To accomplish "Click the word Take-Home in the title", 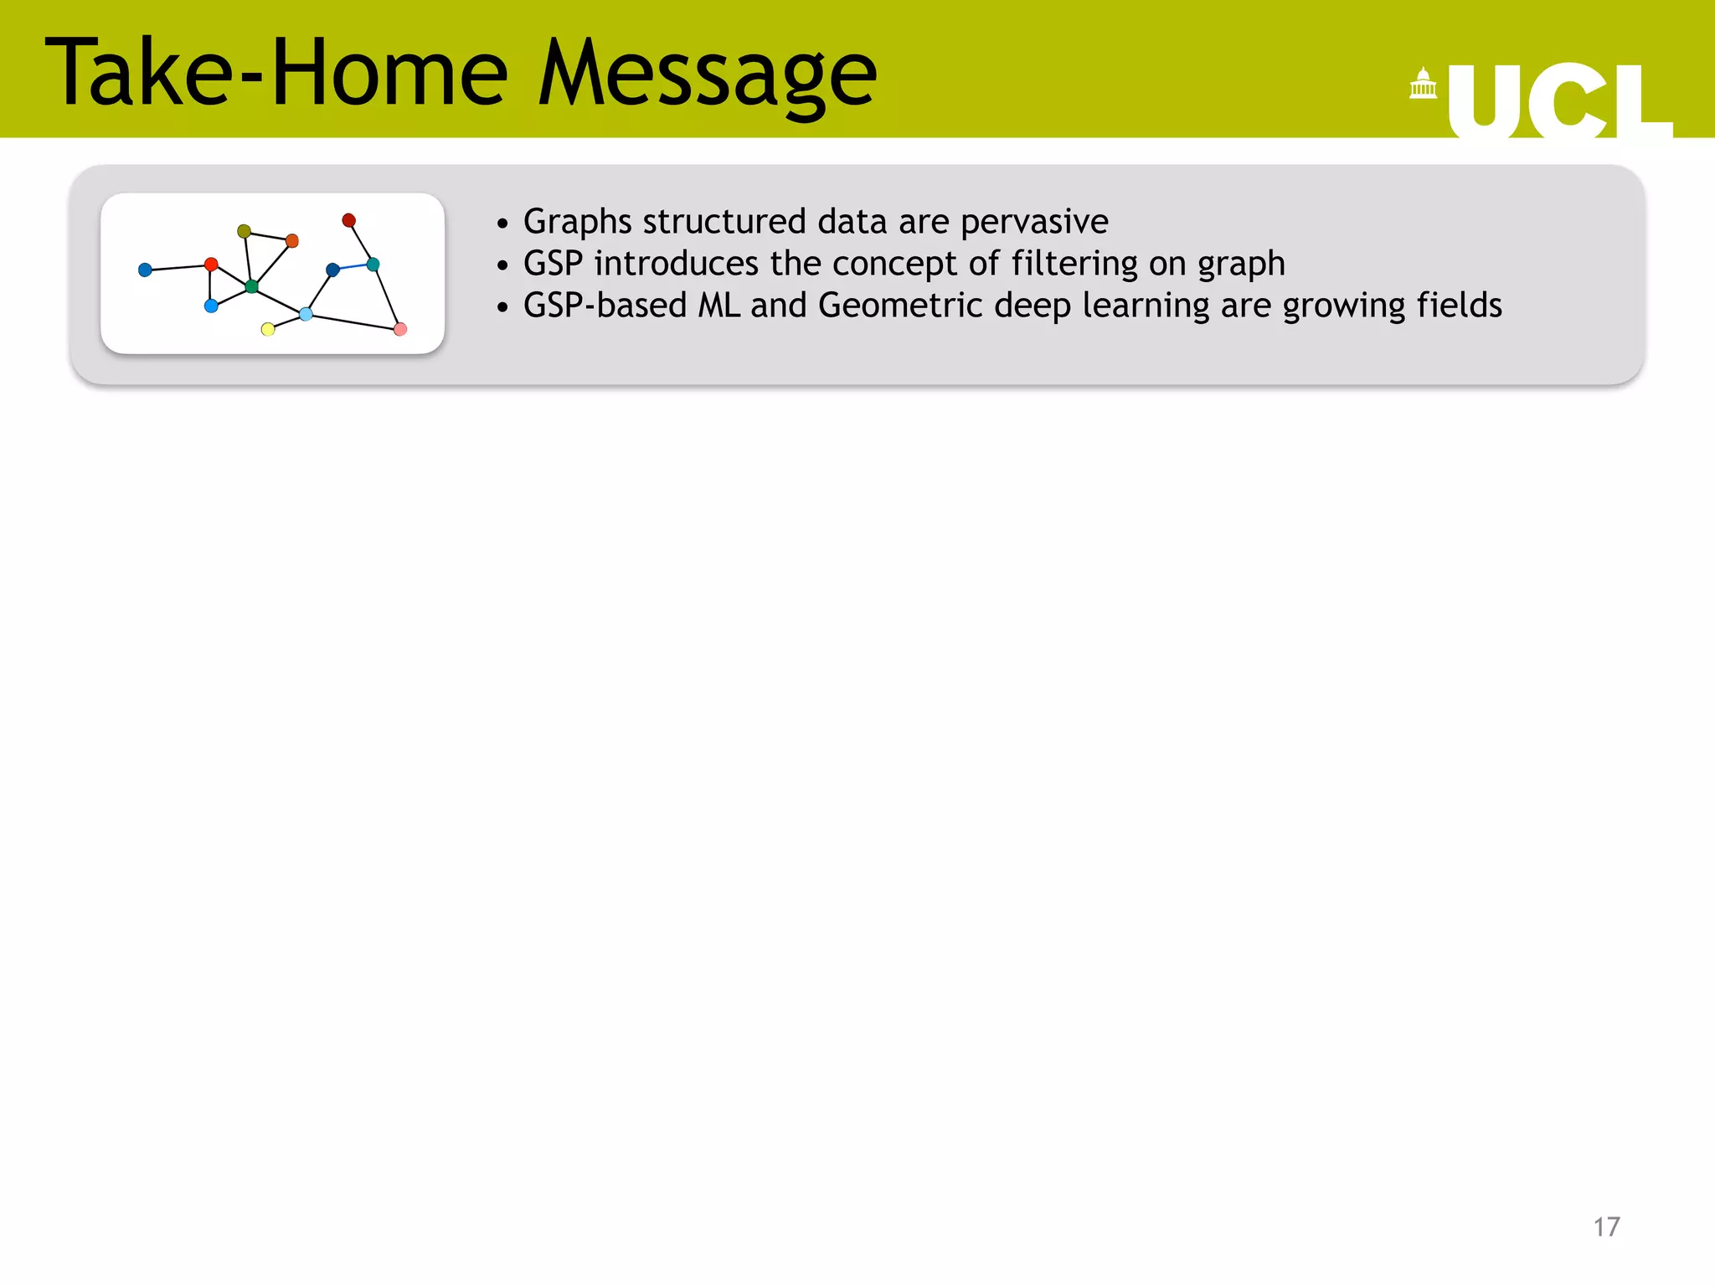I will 276,74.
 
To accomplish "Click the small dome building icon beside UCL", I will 1423,84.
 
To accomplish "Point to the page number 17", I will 1605,1227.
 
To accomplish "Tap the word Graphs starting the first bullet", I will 577,222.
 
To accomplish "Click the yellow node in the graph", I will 268,329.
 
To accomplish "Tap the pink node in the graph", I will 400,329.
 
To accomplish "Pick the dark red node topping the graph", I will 349,220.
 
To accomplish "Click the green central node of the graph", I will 251,286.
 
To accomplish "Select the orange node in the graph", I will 292,241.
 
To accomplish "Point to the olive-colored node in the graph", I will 244,231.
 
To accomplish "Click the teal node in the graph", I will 373,265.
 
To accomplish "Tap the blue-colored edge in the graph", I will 353,267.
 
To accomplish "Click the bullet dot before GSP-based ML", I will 502,307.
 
